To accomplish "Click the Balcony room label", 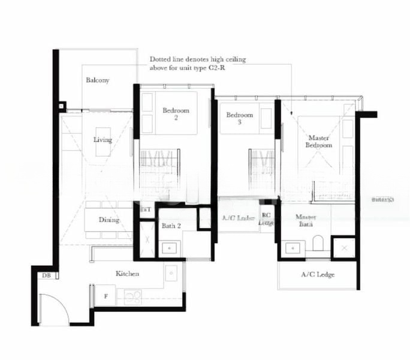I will (97, 80).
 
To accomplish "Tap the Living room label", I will (103, 140).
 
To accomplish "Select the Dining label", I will (110, 220).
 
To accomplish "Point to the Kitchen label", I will (128, 274).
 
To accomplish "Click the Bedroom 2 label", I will (176, 114).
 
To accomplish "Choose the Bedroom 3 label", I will (239, 118).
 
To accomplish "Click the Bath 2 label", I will (171, 226).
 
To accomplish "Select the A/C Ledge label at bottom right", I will (318, 275).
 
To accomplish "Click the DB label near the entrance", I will (46, 276).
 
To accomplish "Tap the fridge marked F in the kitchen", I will (106, 296).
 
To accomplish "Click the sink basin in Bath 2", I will (170, 247).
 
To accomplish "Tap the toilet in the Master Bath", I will (318, 244).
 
